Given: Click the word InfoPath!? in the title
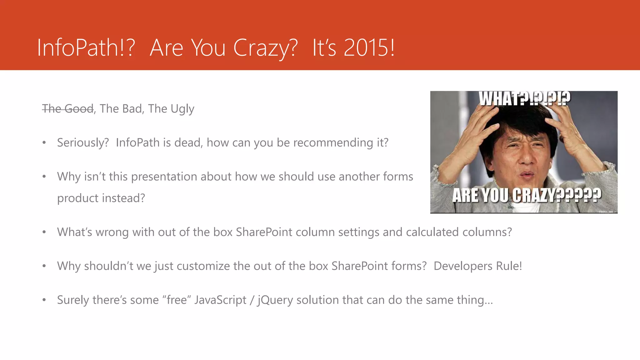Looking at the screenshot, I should point(86,48).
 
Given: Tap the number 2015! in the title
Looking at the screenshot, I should point(369,48).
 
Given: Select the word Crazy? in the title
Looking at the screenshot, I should point(265,48).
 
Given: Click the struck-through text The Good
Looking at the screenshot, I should point(68,109).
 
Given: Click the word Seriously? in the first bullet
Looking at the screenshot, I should point(83,143).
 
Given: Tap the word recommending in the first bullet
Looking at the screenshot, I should point(333,143).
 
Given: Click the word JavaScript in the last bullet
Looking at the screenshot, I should point(220,300).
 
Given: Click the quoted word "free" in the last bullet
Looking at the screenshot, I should point(177,300).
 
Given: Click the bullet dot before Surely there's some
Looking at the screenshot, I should point(44,300).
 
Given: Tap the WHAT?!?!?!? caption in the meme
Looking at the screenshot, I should point(524,98).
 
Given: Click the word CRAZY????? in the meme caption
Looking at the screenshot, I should point(557,196).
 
